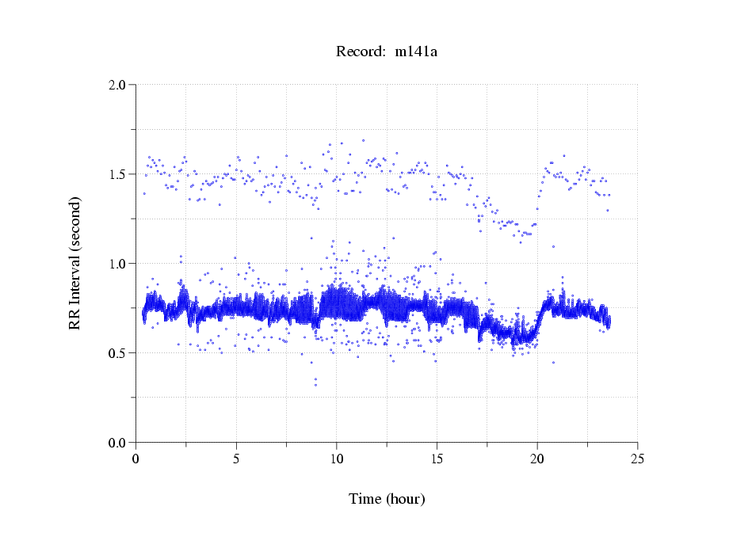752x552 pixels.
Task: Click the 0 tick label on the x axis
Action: pyautogui.click(x=136, y=458)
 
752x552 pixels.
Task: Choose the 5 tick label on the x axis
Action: pyautogui.click(x=236, y=458)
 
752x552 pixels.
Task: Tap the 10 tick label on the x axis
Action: pyautogui.click(x=337, y=458)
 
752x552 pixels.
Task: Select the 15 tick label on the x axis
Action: pyautogui.click(x=437, y=458)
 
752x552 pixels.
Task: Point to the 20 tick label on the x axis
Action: pyautogui.click(x=537, y=458)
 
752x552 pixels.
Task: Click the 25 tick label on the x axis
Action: pyautogui.click(x=637, y=458)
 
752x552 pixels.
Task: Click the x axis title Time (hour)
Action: pyautogui.click(x=387, y=499)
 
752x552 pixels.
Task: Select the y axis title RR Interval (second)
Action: pyautogui.click(x=75, y=263)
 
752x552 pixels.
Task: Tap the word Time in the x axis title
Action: pyautogui.click(x=365, y=499)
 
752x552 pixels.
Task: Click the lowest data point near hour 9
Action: pyautogui.click(x=315, y=385)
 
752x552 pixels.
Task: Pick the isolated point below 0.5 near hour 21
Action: pyautogui.click(x=553, y=362)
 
